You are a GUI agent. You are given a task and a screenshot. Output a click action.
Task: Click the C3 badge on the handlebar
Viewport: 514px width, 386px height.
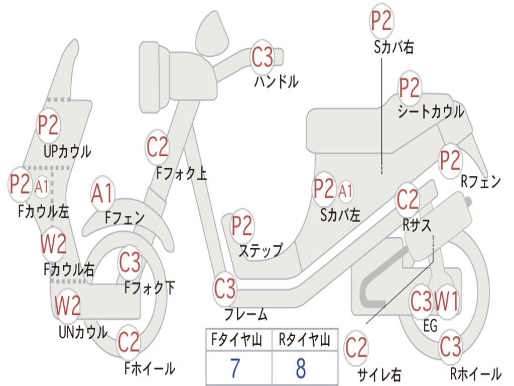tap(262, 57)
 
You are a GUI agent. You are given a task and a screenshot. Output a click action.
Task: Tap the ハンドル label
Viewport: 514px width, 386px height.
tap(277, 81)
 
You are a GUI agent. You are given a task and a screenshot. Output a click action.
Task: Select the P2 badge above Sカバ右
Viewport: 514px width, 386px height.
tap(381, 21)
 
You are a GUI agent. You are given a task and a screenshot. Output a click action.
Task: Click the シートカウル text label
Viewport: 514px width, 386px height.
tap(431, 112)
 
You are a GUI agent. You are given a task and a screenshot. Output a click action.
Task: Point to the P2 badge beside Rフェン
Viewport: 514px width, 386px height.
tap(450, 160)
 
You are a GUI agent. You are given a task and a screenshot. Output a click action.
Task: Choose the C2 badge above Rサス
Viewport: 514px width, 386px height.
tap(408, 199)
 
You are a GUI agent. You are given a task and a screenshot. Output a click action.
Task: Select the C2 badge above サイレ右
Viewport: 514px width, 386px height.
tap(356, 348)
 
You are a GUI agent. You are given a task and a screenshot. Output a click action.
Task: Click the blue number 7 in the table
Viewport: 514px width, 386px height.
tap(235, 368)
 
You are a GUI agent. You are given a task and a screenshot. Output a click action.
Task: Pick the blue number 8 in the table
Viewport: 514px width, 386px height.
tap(301, 368)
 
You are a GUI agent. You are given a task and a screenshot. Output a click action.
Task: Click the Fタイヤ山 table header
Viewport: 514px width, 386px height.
tap(237, 340)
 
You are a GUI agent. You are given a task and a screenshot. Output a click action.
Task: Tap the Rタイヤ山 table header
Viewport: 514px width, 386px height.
tap(305, 340)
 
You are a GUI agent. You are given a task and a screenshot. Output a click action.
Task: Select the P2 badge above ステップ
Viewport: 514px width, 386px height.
tap(242, 226)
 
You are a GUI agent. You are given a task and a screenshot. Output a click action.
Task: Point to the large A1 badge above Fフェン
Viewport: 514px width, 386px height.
tap(102, 194)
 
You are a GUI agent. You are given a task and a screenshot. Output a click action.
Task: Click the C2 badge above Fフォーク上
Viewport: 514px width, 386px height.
tap(158, 147)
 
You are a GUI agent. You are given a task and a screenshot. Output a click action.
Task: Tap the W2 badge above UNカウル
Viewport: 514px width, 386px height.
tap(68, 305)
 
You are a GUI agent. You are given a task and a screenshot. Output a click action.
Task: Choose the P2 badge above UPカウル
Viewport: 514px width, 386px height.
tap(48, 125)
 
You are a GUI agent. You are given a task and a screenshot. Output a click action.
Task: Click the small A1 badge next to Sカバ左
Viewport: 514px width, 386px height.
tap(345, 191)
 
